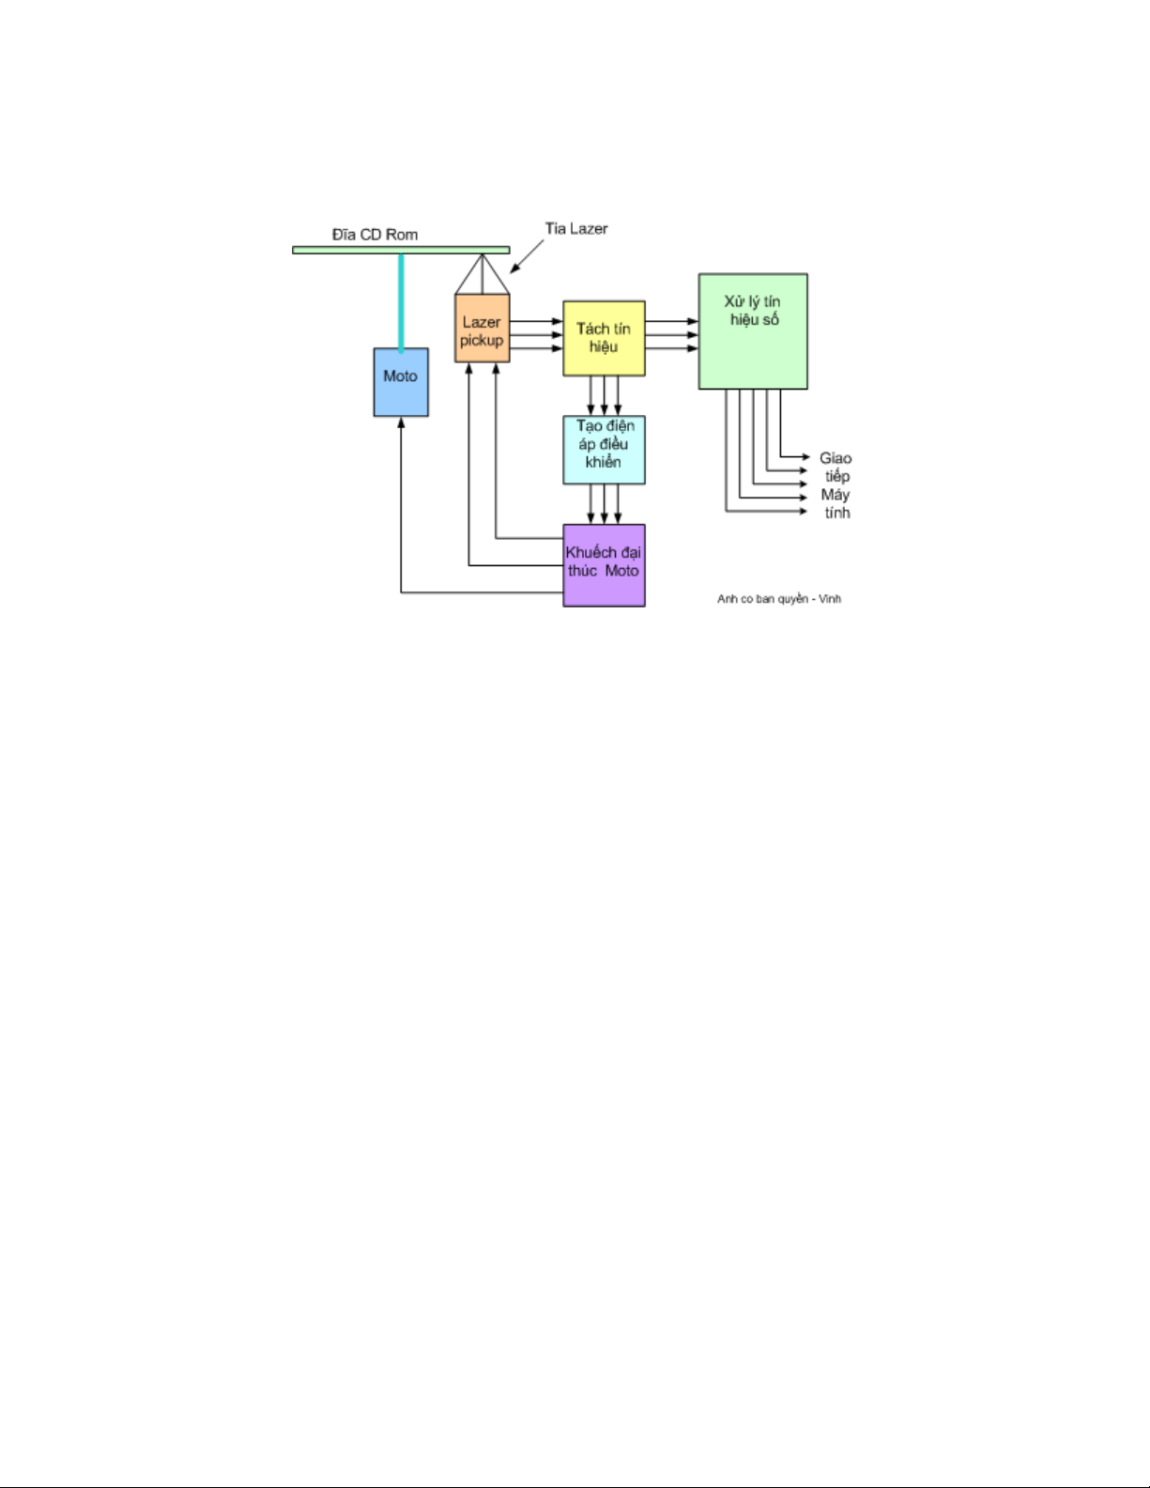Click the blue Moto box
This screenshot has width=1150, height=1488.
click(x=401, y=382)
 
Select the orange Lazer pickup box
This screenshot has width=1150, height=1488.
click(x=482, y=329)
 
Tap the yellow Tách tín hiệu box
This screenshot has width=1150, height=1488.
click(x=604, y=338)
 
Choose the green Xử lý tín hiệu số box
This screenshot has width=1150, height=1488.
click(x=753, y=331)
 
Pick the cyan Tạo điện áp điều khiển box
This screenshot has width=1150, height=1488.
click(x=604, y=450)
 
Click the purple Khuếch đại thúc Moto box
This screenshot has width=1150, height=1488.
click(x=604, y=565)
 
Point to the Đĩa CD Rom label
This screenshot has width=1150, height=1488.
click(x=375, y=235)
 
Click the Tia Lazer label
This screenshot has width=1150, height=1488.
click(x=576, y=228)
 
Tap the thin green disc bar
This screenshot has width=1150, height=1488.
click(x=401, y=250)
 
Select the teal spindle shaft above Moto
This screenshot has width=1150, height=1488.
click(x=401, y=300)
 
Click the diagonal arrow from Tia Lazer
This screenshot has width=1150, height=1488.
click(x=527, y=255)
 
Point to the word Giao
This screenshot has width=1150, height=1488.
click(x=836, y=458)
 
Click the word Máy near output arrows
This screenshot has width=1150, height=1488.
click(x=836, y=495)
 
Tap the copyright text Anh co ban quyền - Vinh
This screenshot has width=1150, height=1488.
click(x=779, y=599)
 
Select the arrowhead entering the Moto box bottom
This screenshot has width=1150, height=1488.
click(x=401, y=423)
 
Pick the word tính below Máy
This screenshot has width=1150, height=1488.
click(x=837, y=513)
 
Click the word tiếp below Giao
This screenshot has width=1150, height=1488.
click(x=837, y=476)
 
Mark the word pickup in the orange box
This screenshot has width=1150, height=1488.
click(x=482, y=341)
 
